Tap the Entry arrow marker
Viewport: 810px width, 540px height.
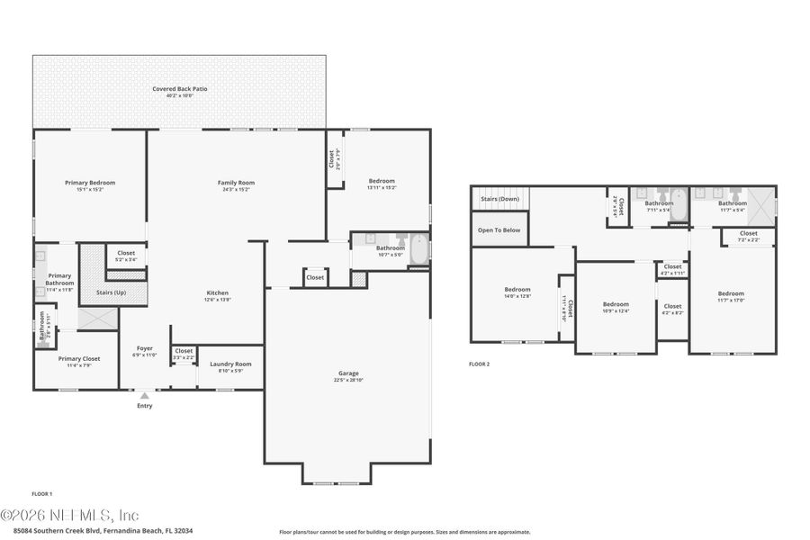(144, 395)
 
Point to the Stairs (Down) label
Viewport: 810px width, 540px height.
(499, 199)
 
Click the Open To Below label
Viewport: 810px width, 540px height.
(499, 230)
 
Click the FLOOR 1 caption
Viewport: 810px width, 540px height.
(42, 494)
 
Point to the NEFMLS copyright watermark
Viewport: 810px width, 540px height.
(70, 516)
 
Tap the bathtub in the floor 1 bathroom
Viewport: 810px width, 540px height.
(419, 251)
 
